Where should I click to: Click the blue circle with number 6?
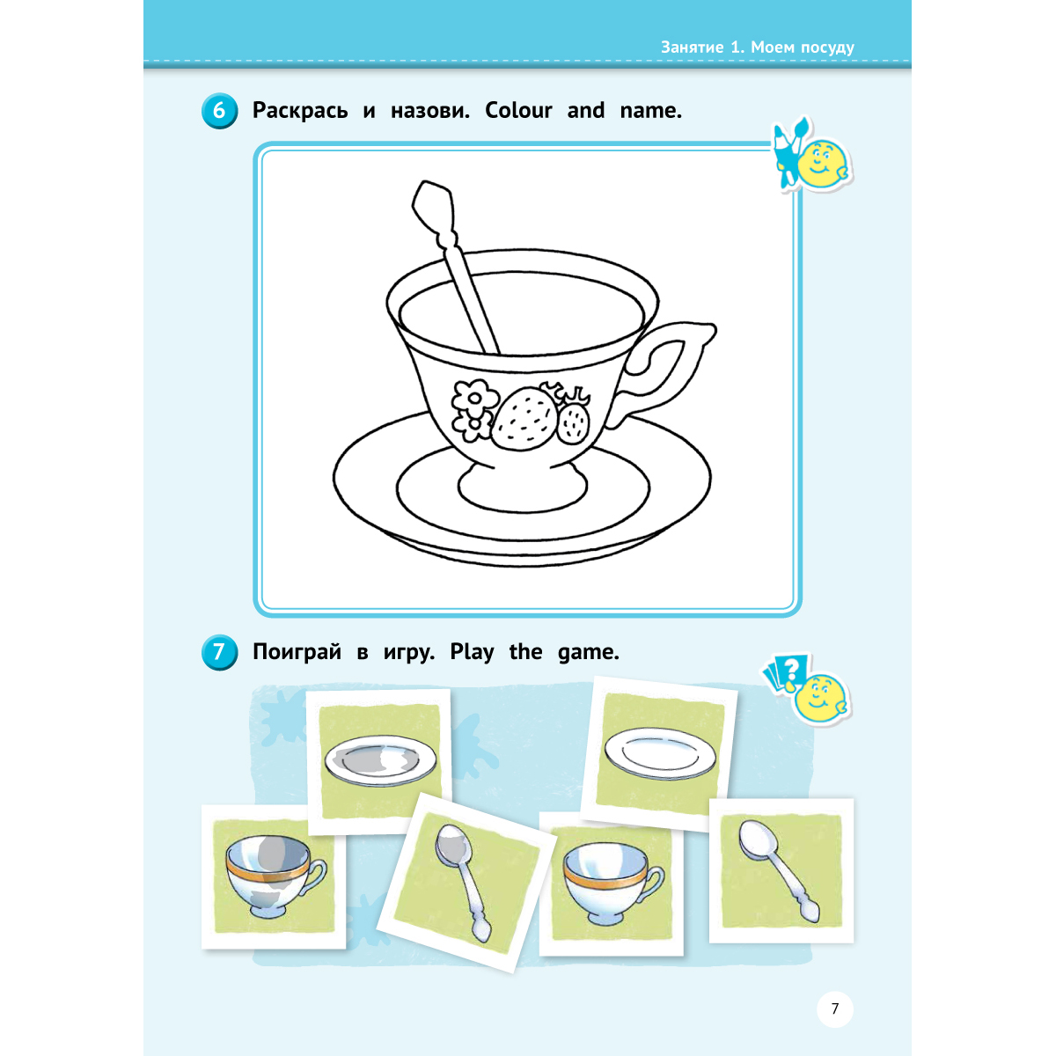click(x=219, y=111)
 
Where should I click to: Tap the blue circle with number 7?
click(x=219, y=652)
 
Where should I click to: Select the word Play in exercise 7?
click(x=472, y=652)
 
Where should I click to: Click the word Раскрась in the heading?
click(x=300, y=111)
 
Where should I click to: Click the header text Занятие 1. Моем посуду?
click(x=757, y=48)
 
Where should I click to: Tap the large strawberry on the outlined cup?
click(x=524, y=419)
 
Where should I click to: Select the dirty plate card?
click(x=379, y=762)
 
